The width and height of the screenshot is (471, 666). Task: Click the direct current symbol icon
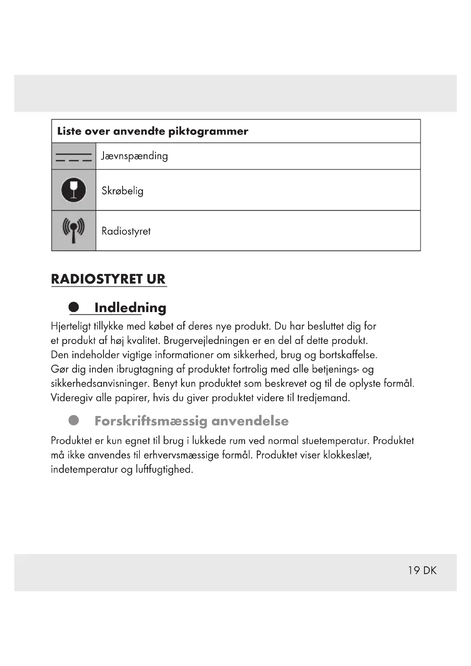click(74, 157)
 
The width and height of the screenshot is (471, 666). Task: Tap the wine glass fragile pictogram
click(74, 190)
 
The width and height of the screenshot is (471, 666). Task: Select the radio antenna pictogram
click(74, 230)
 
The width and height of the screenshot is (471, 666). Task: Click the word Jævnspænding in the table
click(134, 156)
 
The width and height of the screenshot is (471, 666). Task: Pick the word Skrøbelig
click(122, 191)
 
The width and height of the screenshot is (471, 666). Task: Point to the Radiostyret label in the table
click(126, 231)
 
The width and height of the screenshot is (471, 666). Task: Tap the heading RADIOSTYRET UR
click(108, 279)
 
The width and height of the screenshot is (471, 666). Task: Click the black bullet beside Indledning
click(74, 307)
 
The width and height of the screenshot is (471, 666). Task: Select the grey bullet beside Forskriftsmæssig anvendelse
click(74, 420)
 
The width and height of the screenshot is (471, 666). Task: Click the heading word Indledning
click(130, 308)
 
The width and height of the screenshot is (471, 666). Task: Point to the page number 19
click(414, 571)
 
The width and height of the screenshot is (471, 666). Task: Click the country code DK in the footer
click(430, 571)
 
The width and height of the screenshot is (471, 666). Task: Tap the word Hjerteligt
click(71, 327)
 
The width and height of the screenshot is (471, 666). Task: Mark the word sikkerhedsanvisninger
click(100, 384)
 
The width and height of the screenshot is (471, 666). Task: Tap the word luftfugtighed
click(164, 469)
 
